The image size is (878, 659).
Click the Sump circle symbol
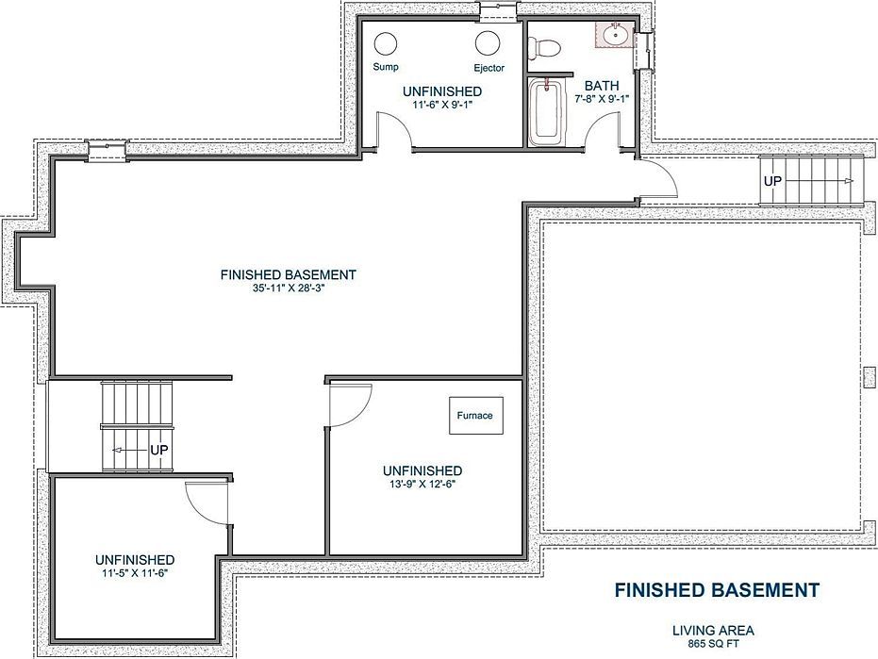point(386,43)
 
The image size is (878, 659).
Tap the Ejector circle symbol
point(488,43)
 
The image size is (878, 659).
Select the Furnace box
point(474,416)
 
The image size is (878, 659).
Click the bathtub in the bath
point(544,113)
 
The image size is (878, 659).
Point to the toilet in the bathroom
point(545,46)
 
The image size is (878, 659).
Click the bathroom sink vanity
point(615,36)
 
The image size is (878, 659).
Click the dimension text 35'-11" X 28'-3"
point(288,288)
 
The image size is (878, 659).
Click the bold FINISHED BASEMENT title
point(717,590)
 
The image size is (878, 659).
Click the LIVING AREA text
point(713,630)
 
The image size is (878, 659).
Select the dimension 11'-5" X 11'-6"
point(134,571)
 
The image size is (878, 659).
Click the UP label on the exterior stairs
point(772,179)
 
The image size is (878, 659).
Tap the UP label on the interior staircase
point(158,451)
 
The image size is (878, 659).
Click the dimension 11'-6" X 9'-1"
point(441,105)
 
